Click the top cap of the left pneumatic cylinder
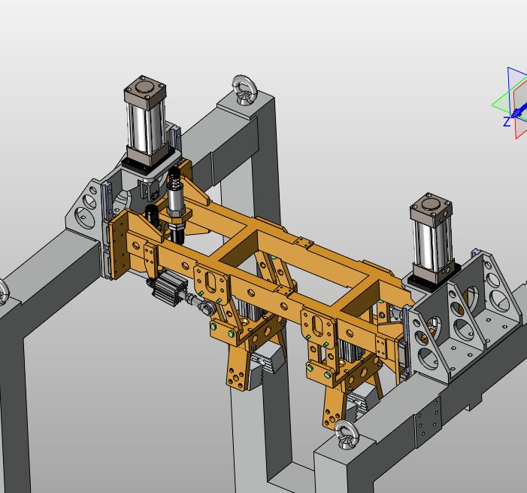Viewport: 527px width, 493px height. coord(145,89)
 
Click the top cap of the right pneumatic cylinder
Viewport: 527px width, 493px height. coord(431,205)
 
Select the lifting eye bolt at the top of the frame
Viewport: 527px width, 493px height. coord(245,89)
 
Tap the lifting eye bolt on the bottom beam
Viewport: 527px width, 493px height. coord(346,434)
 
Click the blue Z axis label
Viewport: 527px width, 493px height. coord(507,122)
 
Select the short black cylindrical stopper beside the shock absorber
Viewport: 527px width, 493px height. coord(153,216)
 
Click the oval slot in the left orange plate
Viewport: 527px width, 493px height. coord(211,282)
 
